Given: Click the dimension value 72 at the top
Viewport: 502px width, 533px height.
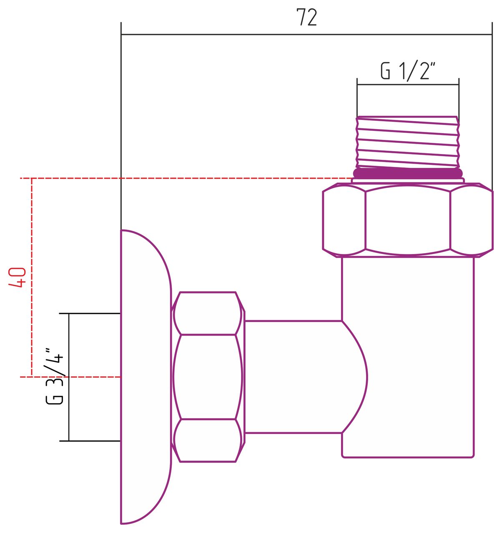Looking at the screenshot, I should [306, 17].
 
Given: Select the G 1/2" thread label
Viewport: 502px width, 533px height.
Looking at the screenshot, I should [408, 71].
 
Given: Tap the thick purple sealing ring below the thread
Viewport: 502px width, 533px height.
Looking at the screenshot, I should [408, 173].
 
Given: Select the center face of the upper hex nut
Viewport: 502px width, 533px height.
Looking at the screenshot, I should [408, 220].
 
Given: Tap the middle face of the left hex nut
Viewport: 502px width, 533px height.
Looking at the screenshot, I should [207, 377].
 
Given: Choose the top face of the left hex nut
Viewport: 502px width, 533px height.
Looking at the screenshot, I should [207, 313].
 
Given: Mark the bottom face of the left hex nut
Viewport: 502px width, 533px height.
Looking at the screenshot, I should [207, 441].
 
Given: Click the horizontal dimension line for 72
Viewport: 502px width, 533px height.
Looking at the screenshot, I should [250, 35].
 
